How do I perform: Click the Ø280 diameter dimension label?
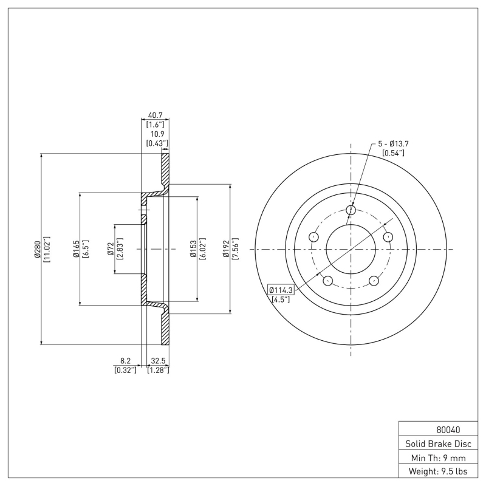[x=38, y=249]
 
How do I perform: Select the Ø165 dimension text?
[x=77, y=249]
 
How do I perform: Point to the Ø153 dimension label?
[x=192, y=249]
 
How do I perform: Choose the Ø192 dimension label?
[x=225, y=249]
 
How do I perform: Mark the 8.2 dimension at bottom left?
[x=125, y=360]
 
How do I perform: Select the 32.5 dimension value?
[x=158, y=360]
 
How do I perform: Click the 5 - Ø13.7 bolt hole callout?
[x=394, y=143]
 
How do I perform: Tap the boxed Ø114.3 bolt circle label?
[x=281, y=290]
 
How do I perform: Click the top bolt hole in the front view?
[x=351, y=210]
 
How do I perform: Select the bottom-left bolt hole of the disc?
[x=328, y=280]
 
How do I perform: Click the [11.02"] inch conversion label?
[x=47, y=249]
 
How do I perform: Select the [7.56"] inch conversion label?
[x=234, y=249]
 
